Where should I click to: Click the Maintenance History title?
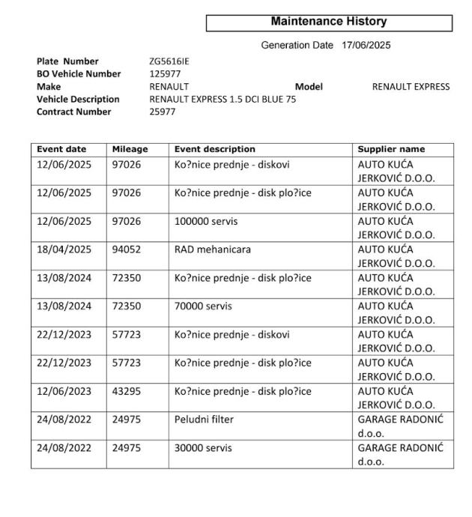coord(329,22)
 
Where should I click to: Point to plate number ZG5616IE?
coord(170,61)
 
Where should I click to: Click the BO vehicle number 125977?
coord(166,74)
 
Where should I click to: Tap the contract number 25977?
coord(164,112)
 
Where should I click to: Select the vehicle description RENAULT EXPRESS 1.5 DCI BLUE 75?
coord(223,99)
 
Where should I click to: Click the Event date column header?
coord(62,149)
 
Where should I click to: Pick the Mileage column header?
coord(130,149)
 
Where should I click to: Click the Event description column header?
coord(215,149)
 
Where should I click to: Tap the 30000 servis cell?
coord(202,448)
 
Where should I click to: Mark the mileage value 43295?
coord(127,391)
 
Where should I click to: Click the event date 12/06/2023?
coord(64,391)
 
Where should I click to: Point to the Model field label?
coord(309,87)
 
